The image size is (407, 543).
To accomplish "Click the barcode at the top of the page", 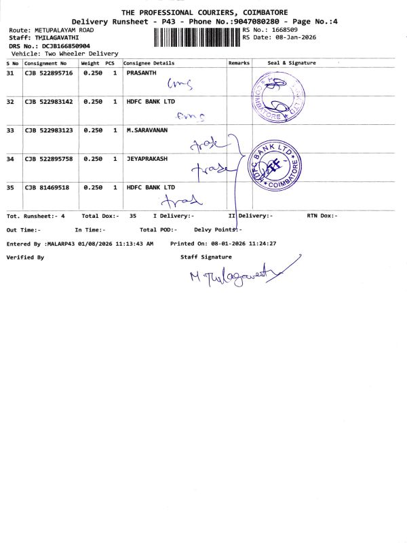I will [x=197, y=37].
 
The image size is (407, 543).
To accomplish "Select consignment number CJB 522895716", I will [x=48, y=73].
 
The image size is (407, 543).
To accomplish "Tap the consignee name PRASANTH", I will [x=141, y=73].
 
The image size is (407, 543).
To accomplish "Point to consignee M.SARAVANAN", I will [x=147, y=130].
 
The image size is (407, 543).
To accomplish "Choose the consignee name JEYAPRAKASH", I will [x=147, y=159].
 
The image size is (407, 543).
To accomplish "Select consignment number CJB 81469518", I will [x=46, y=187].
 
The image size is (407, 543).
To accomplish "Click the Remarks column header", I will [x=239, y=63].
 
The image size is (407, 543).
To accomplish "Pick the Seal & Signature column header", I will [x=292, y=63].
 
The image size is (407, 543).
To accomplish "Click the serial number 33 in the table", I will [x=10, y=130].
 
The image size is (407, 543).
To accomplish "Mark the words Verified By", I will [x=25, y=257].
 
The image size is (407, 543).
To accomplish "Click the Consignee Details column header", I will [x=149, y=63].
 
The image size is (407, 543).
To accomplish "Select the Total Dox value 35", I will [x=133, y=215].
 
